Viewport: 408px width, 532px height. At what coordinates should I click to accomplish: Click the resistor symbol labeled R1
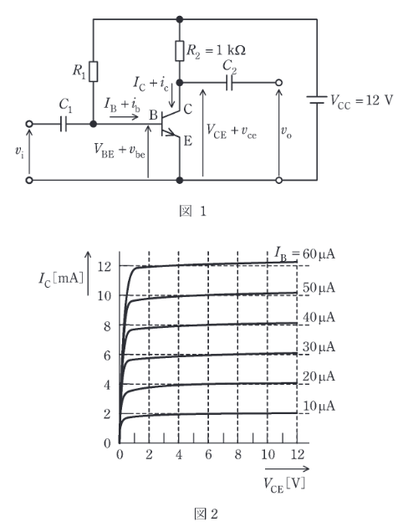(x=94, y=72)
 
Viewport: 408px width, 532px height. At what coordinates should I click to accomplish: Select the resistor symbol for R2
(x=180, y=51)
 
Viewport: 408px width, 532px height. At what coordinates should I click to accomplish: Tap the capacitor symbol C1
(x=64, y=124)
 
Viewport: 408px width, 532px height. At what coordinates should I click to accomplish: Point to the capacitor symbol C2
(x=230, y=83)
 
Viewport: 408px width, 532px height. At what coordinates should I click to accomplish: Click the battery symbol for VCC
(x=317, y=100)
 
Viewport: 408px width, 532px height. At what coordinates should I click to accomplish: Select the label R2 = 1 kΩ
(x=216, y=51)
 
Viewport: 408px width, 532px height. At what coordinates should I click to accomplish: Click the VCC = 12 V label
(x=361, y=101)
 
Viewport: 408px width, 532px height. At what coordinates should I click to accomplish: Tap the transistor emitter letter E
(x=187, y=141)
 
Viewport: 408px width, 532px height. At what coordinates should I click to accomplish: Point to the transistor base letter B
(x=153, y=115)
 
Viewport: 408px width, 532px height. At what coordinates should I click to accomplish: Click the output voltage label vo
(x=286, y=131)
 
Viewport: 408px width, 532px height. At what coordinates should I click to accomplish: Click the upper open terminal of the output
(x=278, y=83)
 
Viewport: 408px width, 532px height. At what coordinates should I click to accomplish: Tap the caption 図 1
(x=192, y=212)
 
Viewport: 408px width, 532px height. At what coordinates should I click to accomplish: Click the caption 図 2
(x=206, y=514)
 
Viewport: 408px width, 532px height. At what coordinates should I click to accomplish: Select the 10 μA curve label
(x=319, y=407)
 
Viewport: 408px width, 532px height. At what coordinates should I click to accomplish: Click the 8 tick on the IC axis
(x=107, y=326)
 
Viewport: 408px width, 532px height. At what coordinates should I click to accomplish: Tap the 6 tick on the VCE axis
(x=208, y=455)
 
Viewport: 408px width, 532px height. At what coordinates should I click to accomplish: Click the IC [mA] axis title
(x=61, y=279)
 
